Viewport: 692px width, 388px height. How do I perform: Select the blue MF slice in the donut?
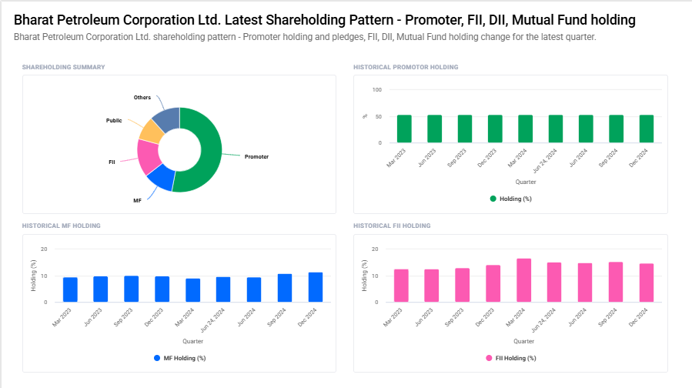click(x=161, y=179)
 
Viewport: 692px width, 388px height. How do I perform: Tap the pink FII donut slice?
click(x=148, y=156)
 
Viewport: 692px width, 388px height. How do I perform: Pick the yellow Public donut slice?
click(x=151, y=132)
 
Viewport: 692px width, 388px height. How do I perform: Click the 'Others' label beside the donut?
click(x=142, y=98)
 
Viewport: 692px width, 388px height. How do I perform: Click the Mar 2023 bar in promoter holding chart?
click(x=404, y=129)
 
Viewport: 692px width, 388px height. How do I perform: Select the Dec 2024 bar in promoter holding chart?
click(x=646, y=129)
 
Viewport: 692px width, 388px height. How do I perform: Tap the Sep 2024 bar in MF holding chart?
click(x=285, y=288)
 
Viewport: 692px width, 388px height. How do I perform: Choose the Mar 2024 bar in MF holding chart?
click(x=192, y=290)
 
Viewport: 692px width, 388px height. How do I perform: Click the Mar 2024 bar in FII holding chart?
click(x=524, y=280)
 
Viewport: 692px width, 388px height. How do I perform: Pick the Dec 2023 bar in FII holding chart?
click(x=493, y=283)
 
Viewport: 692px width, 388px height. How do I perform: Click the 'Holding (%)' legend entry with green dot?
click(x=511, y=199)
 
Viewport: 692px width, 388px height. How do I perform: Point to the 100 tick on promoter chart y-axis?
click(x=377, y=90)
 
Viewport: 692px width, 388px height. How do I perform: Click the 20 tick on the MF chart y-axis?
click(x=45, y=249)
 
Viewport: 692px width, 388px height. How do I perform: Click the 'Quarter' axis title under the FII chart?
click(x=523, y=341)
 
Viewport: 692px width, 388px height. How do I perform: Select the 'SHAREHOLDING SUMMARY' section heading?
click(x=64, y=67)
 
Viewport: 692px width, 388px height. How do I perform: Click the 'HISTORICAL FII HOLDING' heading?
click(x=392, y=226)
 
